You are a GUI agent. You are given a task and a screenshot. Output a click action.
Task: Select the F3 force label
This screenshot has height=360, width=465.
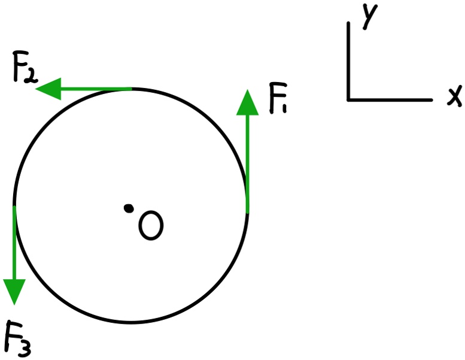click(x=18, y=338)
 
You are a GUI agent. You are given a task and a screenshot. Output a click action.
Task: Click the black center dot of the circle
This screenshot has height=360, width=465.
click(x=128, y=208)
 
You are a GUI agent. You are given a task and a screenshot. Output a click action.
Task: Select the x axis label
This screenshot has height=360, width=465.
click(x=454, y=96)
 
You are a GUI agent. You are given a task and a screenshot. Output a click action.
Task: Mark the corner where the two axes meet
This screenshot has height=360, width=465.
click(x=348, y=99)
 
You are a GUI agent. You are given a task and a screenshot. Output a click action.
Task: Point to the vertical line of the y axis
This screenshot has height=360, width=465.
click(x=348, y=60)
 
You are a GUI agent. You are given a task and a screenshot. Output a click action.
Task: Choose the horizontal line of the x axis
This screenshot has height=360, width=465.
click(x=389, y=99)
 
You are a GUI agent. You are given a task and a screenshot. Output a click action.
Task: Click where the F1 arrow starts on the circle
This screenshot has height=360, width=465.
click(x=247, y=211)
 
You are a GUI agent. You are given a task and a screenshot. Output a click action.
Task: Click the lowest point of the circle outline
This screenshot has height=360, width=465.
click(x=130, y=322)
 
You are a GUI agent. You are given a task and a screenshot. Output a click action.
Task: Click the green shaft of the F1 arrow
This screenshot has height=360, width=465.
click(x=247, y=162)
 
